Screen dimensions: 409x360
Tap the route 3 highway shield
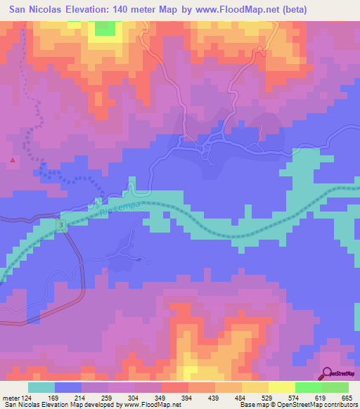click(x=61, y=224)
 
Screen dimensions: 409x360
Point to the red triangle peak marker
click(x=13, y=160)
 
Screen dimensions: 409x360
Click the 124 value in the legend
click(x=25, y=398)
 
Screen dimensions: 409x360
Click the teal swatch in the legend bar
click(x=41, y=387)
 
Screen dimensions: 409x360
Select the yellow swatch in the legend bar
click(x=282, y=387)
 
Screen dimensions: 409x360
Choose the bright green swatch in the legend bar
click(x=309, y=387)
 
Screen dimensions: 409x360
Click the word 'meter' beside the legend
click(x=10, y=398)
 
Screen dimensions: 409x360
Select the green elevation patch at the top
click(x=105, y=27)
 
